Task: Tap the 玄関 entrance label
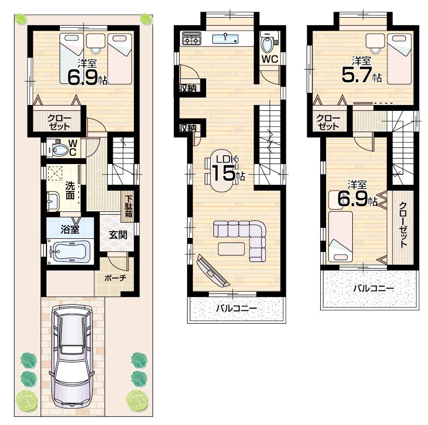tap(117, 235)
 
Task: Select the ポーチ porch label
tap(115, 278)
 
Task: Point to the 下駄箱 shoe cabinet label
tap(129, 206)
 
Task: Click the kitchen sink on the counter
tap(225, 38)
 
